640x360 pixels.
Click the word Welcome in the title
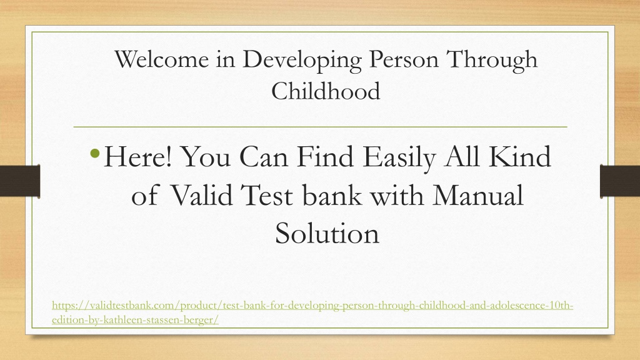(x=162, y=59)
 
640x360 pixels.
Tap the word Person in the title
(x=404, y=59)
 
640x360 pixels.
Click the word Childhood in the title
(x=326, y=91)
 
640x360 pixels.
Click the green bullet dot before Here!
(x=95, y=154)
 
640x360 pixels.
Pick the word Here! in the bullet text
(x=138, y=157)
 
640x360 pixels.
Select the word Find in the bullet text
(x=325, y=157)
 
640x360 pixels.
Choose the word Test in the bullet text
(x=267, y=195)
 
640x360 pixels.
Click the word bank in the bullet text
(x=332, y=195)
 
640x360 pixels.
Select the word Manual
(x=477, y=195)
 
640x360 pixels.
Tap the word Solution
(x=327, y=233)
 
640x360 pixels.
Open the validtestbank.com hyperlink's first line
(x=312, y=306)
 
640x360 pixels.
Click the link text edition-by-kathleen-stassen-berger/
(x=135, y=320)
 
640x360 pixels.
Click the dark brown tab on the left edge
(x=20, y=181)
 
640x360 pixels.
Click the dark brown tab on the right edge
(x=620, y=181)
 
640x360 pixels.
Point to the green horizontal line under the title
(x=321, y=127)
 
